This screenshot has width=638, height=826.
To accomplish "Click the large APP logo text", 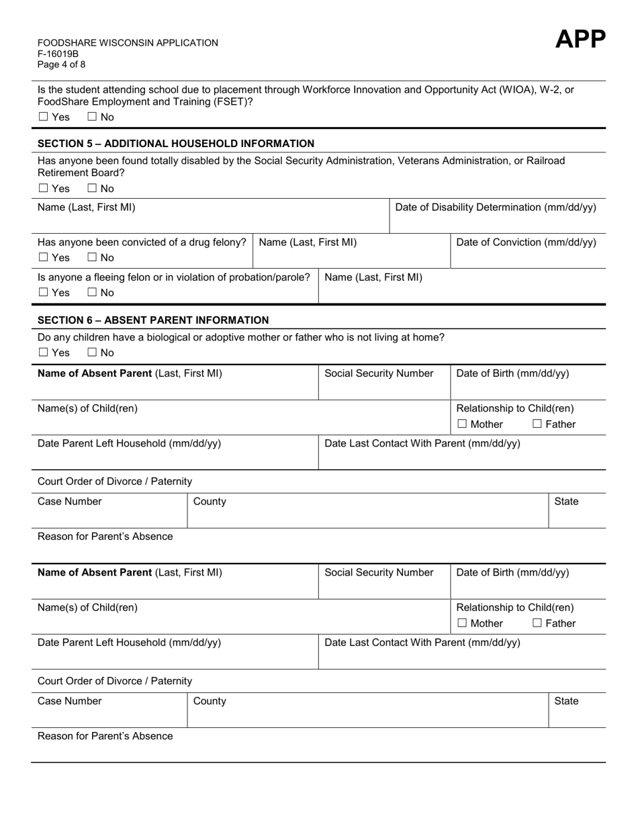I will click(x=580, y=40).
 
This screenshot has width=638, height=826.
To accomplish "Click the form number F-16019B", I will click(x=58, y=54).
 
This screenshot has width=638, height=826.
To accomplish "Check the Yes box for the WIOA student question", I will click(x=44, y=117).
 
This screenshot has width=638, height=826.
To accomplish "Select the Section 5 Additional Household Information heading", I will click(x=176, y=143).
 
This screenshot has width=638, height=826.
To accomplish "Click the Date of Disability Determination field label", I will click(x=496, y=208).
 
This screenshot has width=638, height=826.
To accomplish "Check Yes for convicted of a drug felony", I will click(x=44, y=258).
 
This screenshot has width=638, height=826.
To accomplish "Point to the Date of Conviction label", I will click(x=526, y=242).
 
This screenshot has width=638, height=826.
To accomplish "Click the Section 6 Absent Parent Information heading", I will click(x=153, y=320).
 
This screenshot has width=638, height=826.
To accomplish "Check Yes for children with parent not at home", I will click(x=44, y=353).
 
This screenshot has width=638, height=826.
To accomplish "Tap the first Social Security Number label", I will click(x=379, y=373).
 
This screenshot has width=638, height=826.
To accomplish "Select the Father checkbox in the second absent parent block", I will click(x=537, y=624).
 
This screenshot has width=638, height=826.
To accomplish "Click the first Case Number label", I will click(x=70, y=502).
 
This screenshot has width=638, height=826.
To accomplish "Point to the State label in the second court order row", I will click(x=566, y=701).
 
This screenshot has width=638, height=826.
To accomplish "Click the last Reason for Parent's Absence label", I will click(x=105, y=736).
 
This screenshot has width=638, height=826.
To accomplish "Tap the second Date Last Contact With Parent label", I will click(x=422, y=643).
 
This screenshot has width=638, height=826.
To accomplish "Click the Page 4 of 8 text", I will click(x=62, y=64).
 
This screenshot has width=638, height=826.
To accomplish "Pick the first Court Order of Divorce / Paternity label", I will click(x=115, y=481).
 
